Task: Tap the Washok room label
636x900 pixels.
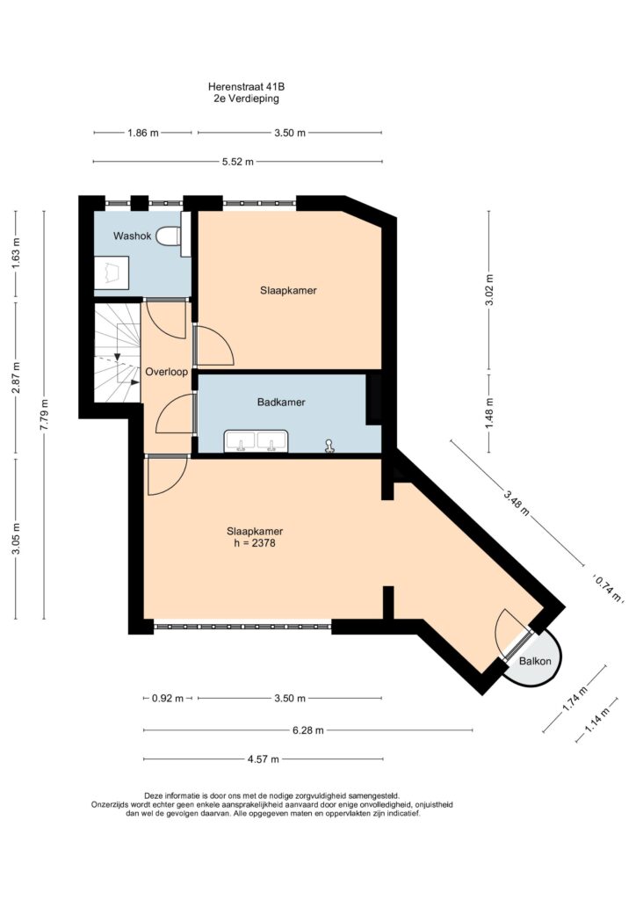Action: point(133,236)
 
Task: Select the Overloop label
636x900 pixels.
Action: point(166,372)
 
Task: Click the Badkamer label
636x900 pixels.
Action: point(281,403)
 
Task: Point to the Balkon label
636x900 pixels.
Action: point(535,661)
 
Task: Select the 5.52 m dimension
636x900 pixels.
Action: point(238,162)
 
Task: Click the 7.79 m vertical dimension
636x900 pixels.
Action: point(44,415)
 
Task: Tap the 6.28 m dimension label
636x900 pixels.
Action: point(308,730)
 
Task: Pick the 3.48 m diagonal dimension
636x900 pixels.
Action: point(517,502)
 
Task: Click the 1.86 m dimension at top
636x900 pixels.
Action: point(143,134)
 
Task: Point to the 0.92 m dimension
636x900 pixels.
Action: point(168,699)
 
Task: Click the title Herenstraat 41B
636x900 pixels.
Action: point(247,87)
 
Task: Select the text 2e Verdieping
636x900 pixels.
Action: point(247,98)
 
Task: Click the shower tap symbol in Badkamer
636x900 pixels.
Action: point(329,446)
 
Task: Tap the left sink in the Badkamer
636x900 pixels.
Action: point(241,441)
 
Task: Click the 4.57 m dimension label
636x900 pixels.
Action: point(264,759)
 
